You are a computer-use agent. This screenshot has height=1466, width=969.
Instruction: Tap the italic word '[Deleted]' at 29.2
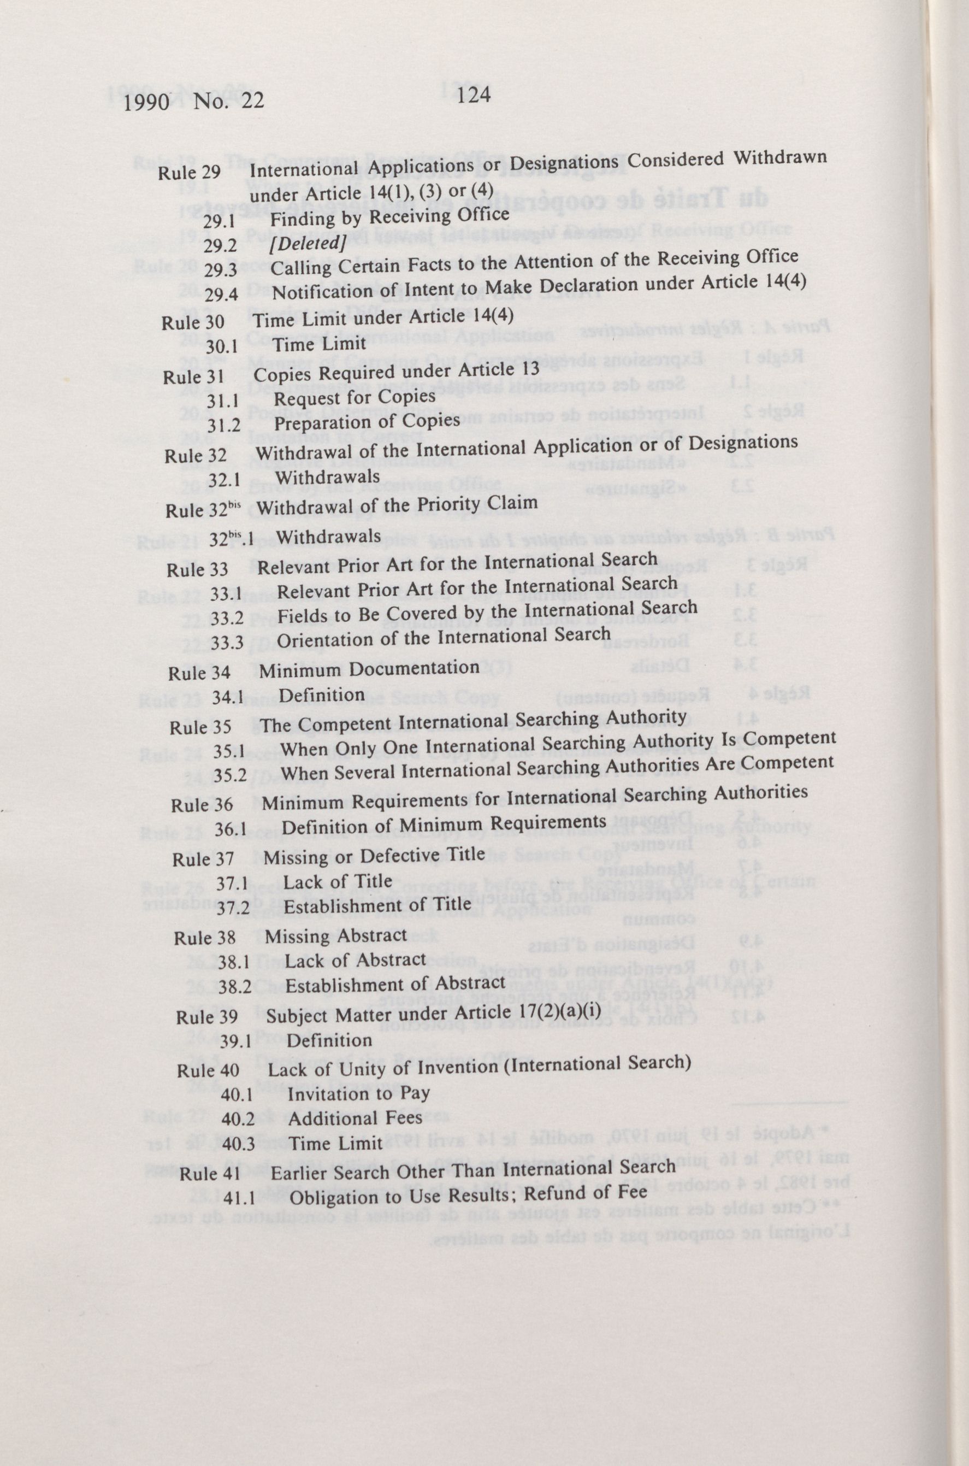(307, 244)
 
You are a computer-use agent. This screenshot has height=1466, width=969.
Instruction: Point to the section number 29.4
(222, 294)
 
